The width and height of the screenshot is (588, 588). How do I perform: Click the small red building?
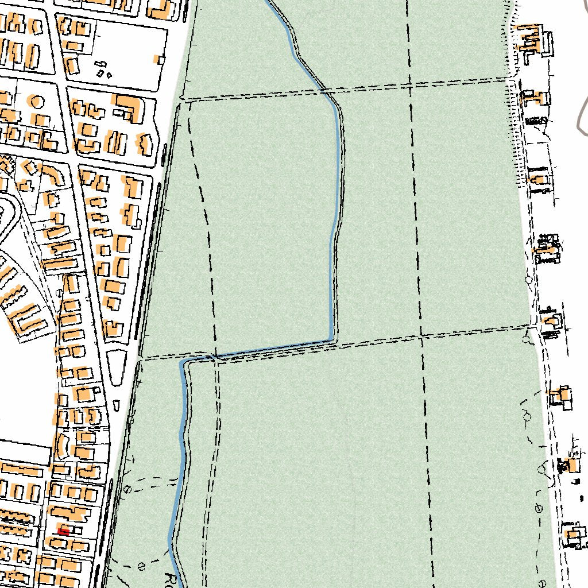coord(64,532)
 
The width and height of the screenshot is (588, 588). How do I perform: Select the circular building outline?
coord(38,102)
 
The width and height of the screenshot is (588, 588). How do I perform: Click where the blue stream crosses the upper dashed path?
coord(323,90)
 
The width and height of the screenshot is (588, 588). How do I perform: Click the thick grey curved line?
coord(582,115)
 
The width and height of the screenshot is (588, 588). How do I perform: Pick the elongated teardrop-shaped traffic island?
coord(118,365)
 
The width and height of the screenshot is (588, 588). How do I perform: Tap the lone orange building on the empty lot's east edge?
coord(158,59)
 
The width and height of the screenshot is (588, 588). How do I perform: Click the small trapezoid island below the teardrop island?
coord(117,405)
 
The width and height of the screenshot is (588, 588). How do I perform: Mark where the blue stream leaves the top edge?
coord(268,2)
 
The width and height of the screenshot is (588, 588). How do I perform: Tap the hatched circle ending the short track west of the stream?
coord(127,490)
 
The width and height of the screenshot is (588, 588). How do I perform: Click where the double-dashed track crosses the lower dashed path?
coord(216,356)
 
